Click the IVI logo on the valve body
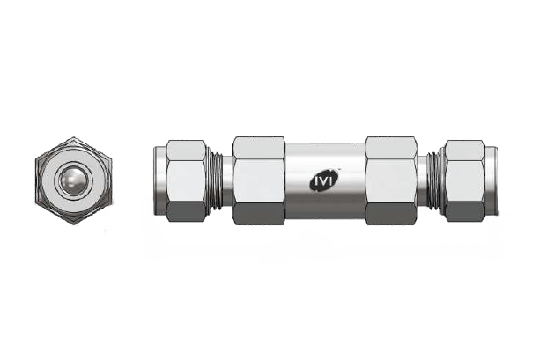click(324, 180)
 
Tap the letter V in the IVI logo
click(324, 180)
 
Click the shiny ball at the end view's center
click(73, 180)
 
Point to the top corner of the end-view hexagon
click(73, 137)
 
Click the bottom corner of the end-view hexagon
click(73, 224)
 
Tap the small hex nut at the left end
click(187, 180)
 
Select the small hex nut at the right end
click(464, 180)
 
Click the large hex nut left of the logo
click(259, 180)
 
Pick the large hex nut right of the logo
click(391, 180)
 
